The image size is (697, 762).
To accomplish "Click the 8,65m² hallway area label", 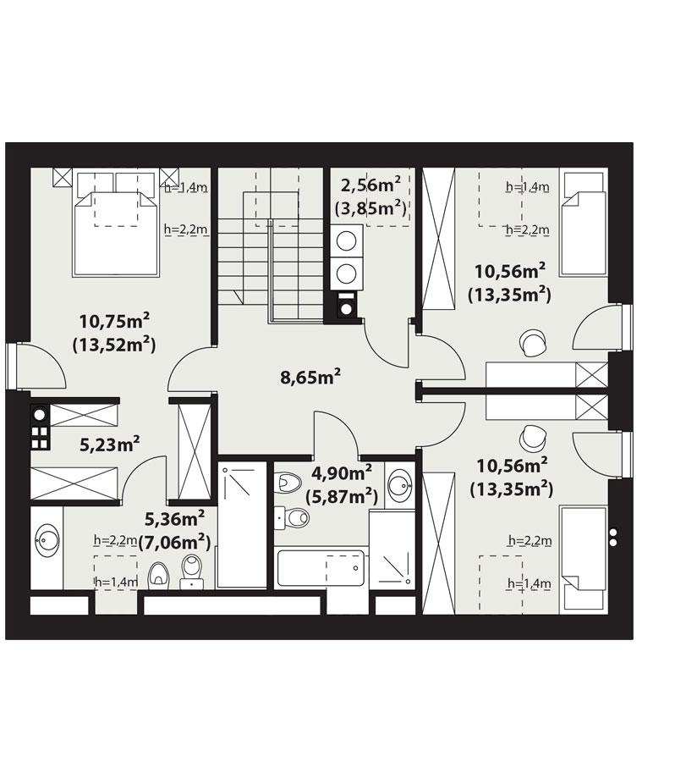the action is pos(310,377).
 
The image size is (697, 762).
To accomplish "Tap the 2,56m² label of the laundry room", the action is pos(370,185).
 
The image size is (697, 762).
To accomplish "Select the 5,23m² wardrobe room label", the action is pos(110,444).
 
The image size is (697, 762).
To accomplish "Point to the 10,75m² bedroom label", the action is pos(114,321).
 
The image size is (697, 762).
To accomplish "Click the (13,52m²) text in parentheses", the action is pos(114,345).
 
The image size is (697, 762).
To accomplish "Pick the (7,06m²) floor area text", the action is pos(175,541).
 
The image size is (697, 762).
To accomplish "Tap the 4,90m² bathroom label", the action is pos(342,472).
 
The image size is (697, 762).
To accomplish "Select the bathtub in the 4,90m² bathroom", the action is pos(321,568).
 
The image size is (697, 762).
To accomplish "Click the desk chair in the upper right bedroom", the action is pos(533,343).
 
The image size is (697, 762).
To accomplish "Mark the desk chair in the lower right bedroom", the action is pos(533,438).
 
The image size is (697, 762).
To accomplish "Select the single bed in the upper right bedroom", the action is pos(584,222).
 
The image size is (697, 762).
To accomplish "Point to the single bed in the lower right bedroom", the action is pos(584,560).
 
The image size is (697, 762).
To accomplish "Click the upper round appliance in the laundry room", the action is pos(346,241).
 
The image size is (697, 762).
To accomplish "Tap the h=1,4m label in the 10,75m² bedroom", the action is pos(186,187).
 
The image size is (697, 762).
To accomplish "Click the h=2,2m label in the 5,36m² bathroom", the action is pos(116,540).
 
